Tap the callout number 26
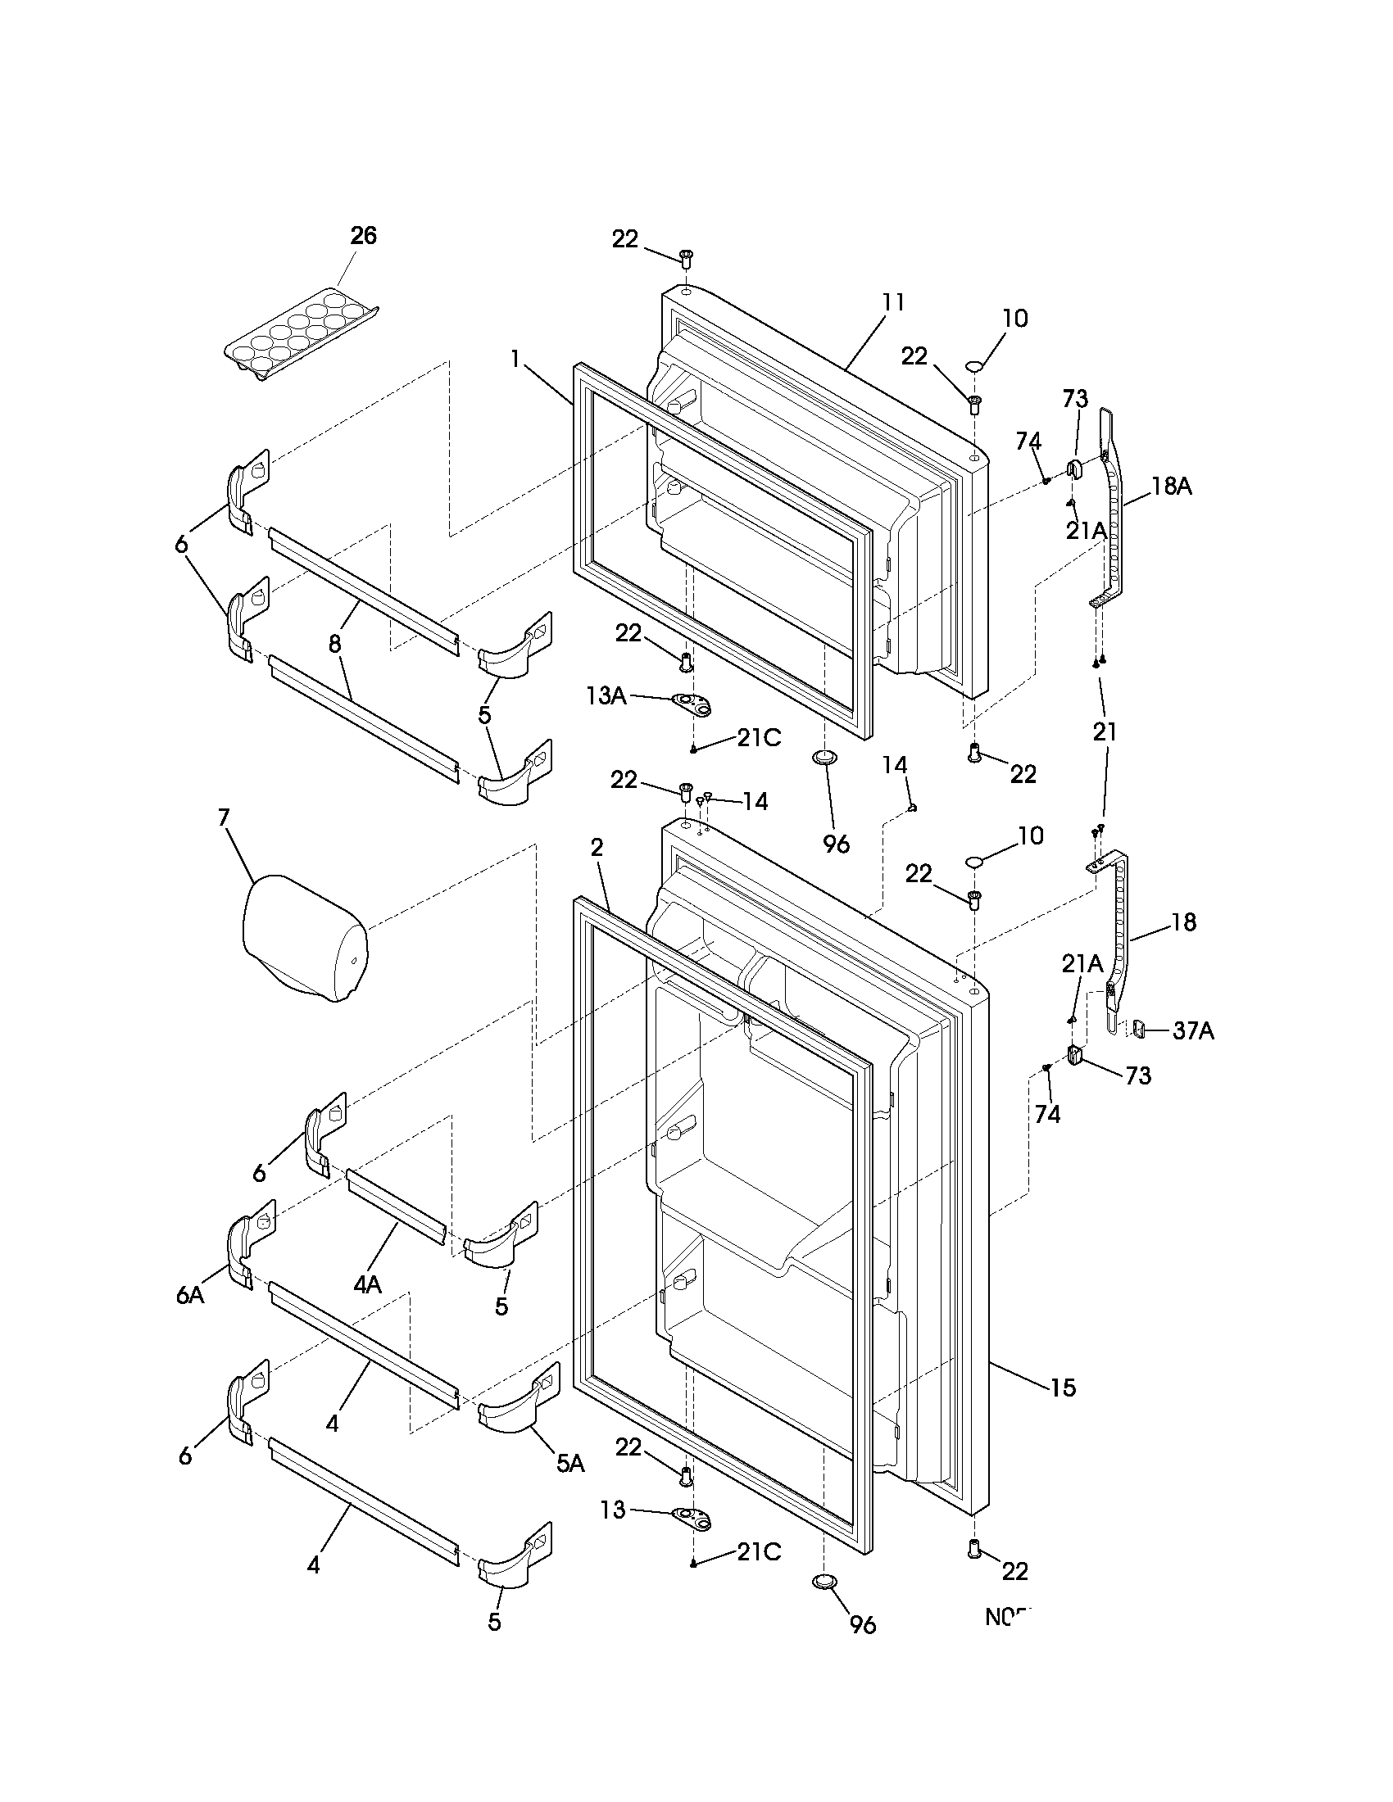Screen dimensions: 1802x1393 [363, 236]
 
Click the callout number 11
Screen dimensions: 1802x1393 [893, 303]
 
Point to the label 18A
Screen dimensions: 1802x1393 [1172, 487]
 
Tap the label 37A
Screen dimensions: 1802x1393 [1193, 1030]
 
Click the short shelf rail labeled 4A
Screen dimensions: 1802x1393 [397, 1207]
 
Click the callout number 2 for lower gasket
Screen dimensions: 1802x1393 [597, 848]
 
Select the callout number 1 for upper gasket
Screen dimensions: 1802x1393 [515, 360]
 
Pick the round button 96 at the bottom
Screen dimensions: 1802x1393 [824, 1580]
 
